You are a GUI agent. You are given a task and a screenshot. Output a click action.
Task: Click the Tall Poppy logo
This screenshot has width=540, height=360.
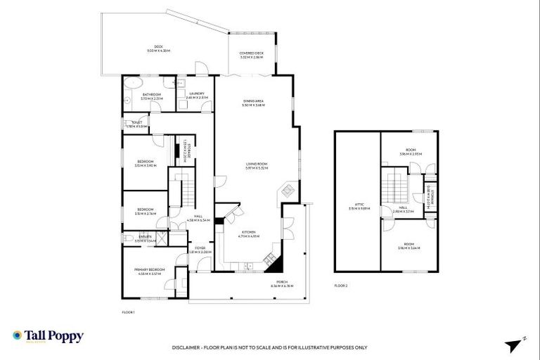pos(48,337)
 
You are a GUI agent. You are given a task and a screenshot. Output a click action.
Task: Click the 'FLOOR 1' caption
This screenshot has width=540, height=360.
pos(128,311)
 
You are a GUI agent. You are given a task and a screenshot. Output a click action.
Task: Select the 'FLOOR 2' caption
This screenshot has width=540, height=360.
pos(341,285)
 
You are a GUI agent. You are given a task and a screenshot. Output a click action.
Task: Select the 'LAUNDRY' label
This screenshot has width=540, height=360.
pos(197,94)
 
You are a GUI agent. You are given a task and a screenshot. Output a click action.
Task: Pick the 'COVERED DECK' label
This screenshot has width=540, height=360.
pos(251,55)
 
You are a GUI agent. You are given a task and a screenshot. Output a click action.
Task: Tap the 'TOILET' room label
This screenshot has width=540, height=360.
pos(137,124)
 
